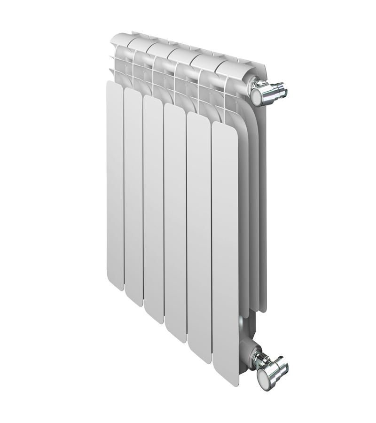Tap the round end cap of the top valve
259,96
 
